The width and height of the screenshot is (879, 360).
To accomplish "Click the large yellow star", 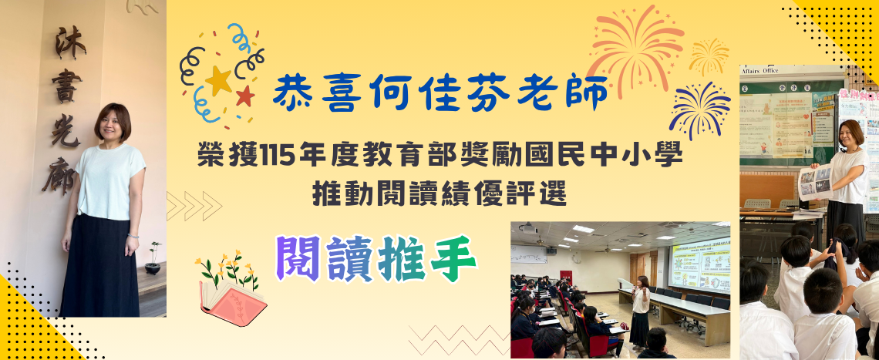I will click(219, 80).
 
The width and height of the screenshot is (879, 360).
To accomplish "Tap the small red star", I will click(245, 96).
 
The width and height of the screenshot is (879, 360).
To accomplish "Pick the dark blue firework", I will click(699, 108).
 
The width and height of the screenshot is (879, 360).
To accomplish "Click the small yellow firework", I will click(709, 56).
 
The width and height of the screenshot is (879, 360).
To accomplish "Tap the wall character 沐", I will click(69, 42).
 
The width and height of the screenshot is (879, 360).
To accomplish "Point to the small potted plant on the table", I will click(153, 259).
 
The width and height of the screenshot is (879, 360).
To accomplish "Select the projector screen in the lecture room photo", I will click(699, 264).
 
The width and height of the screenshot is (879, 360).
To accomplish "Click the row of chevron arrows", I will click(194, 206).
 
